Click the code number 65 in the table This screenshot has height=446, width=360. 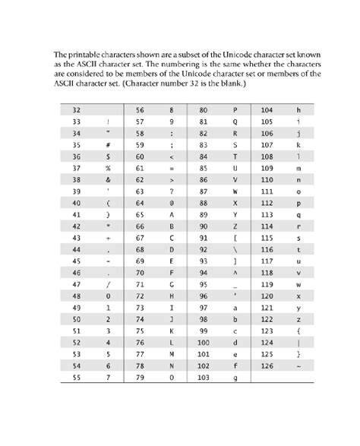(x=141, y=215)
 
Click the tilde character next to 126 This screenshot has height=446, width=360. (x=298, y=365)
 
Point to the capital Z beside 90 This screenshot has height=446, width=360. (x=235, y=226)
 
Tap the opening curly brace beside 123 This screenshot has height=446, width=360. (x=298, y=331)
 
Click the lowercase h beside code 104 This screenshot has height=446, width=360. (x=298, y=109)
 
